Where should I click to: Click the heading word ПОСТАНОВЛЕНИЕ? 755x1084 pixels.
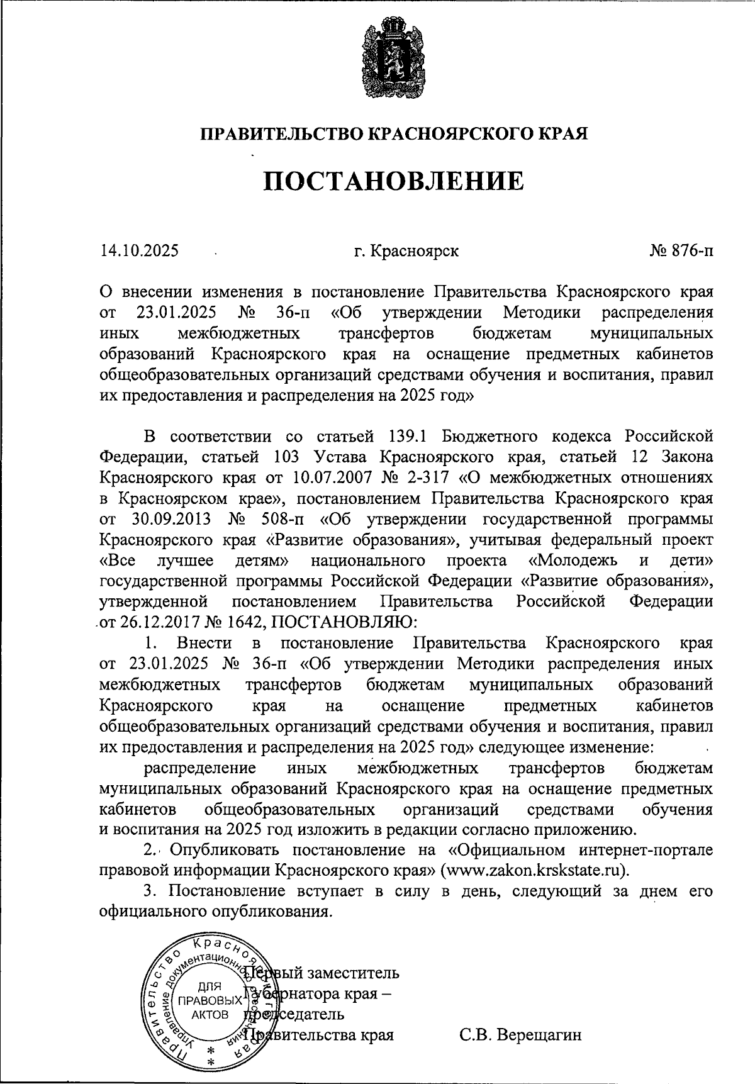tap(393, 181)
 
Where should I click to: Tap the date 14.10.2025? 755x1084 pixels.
tap(139, 251)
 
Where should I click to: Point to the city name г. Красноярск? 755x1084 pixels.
tap(406, 251)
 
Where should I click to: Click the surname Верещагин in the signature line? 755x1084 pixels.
tap(520, 1035)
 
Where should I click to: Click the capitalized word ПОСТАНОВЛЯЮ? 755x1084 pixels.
tap(343, 622)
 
